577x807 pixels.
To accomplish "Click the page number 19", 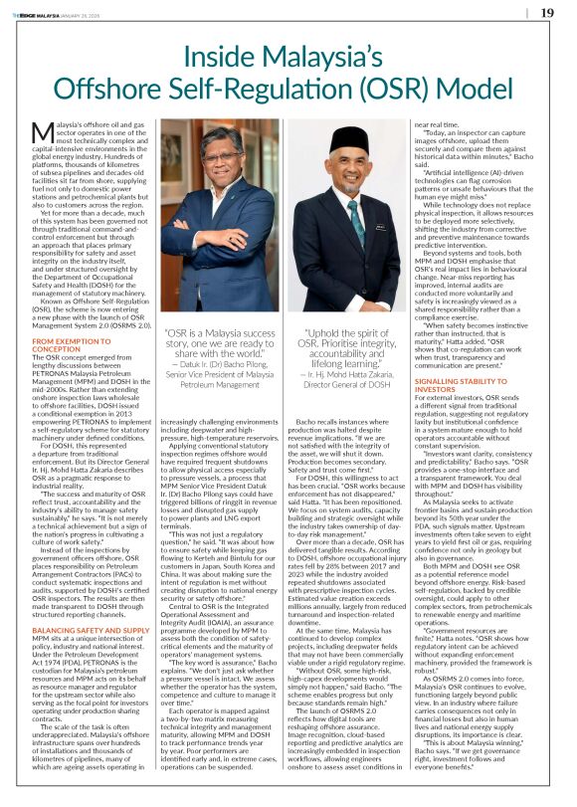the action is (x=547, y=12).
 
